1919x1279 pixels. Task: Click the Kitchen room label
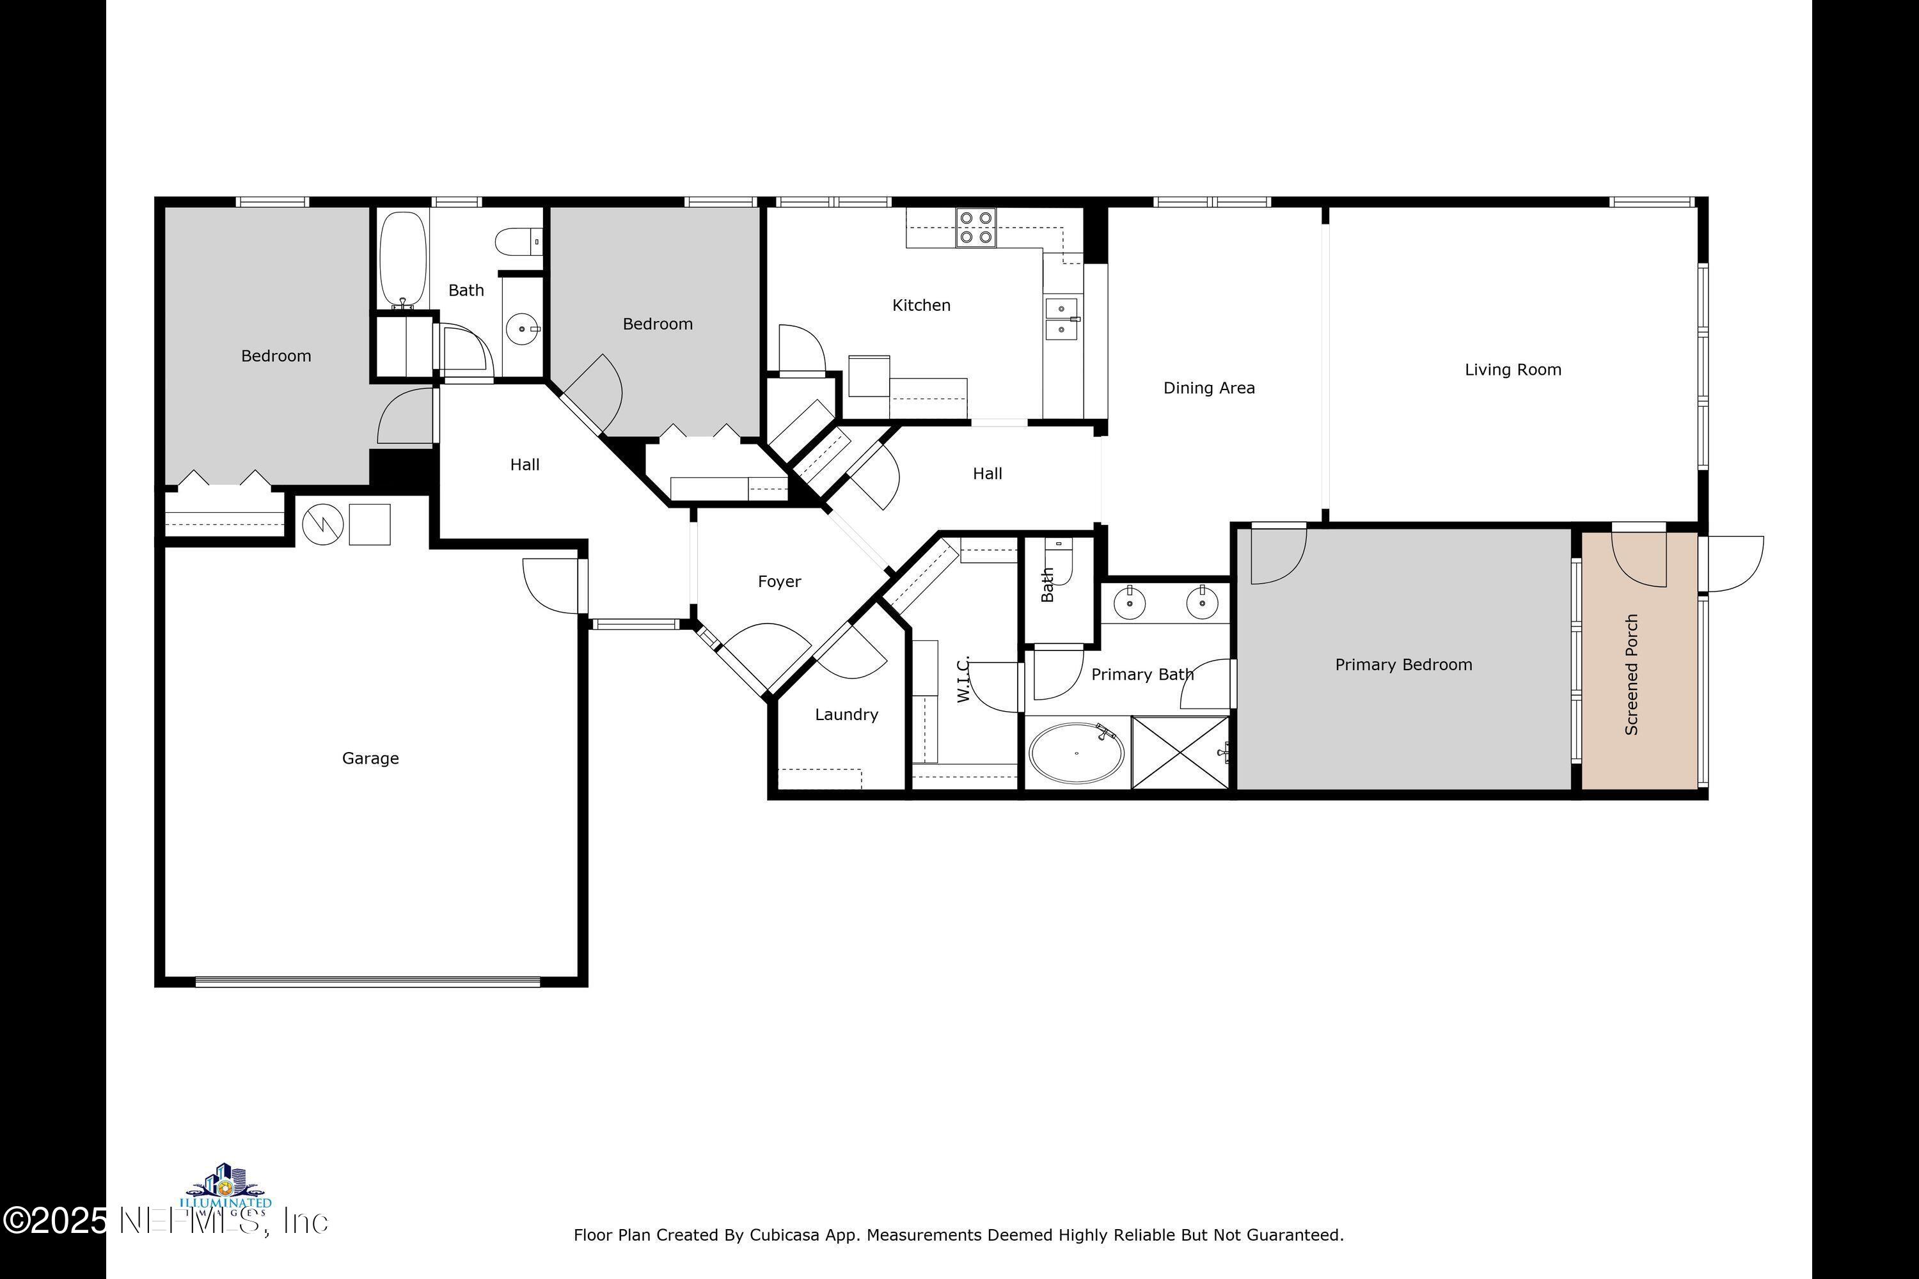click(921, 305)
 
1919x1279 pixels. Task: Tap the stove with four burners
click(976, 228)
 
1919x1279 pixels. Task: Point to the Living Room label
click(1513, 370)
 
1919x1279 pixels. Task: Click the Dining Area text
click(1208, 388)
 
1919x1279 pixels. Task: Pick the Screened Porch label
click(1631, 674)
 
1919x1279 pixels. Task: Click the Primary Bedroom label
click(1403, 665)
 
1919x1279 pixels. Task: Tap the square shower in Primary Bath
click(1180, 753)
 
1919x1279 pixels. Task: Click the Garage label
click(370, 758)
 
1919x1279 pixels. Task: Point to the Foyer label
click(779, 581)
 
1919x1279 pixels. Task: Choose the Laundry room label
click(846, 714)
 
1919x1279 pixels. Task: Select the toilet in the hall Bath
click(519, 242)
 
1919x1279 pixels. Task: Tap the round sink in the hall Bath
click(521, 329)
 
